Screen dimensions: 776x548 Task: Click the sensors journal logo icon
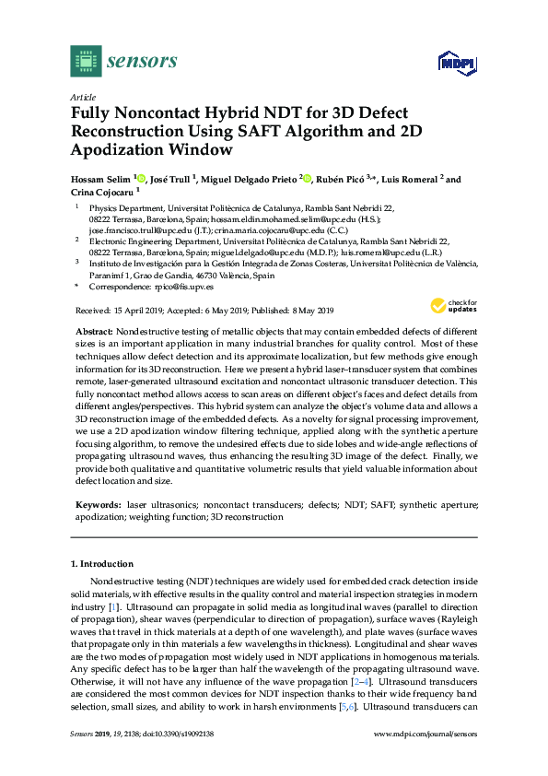click(x=86, y=61)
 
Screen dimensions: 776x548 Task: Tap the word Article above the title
click(x=83, y=97)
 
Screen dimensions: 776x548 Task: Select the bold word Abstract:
click(x=94, y=330)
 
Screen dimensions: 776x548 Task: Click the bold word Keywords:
click(x=96, y=506)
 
